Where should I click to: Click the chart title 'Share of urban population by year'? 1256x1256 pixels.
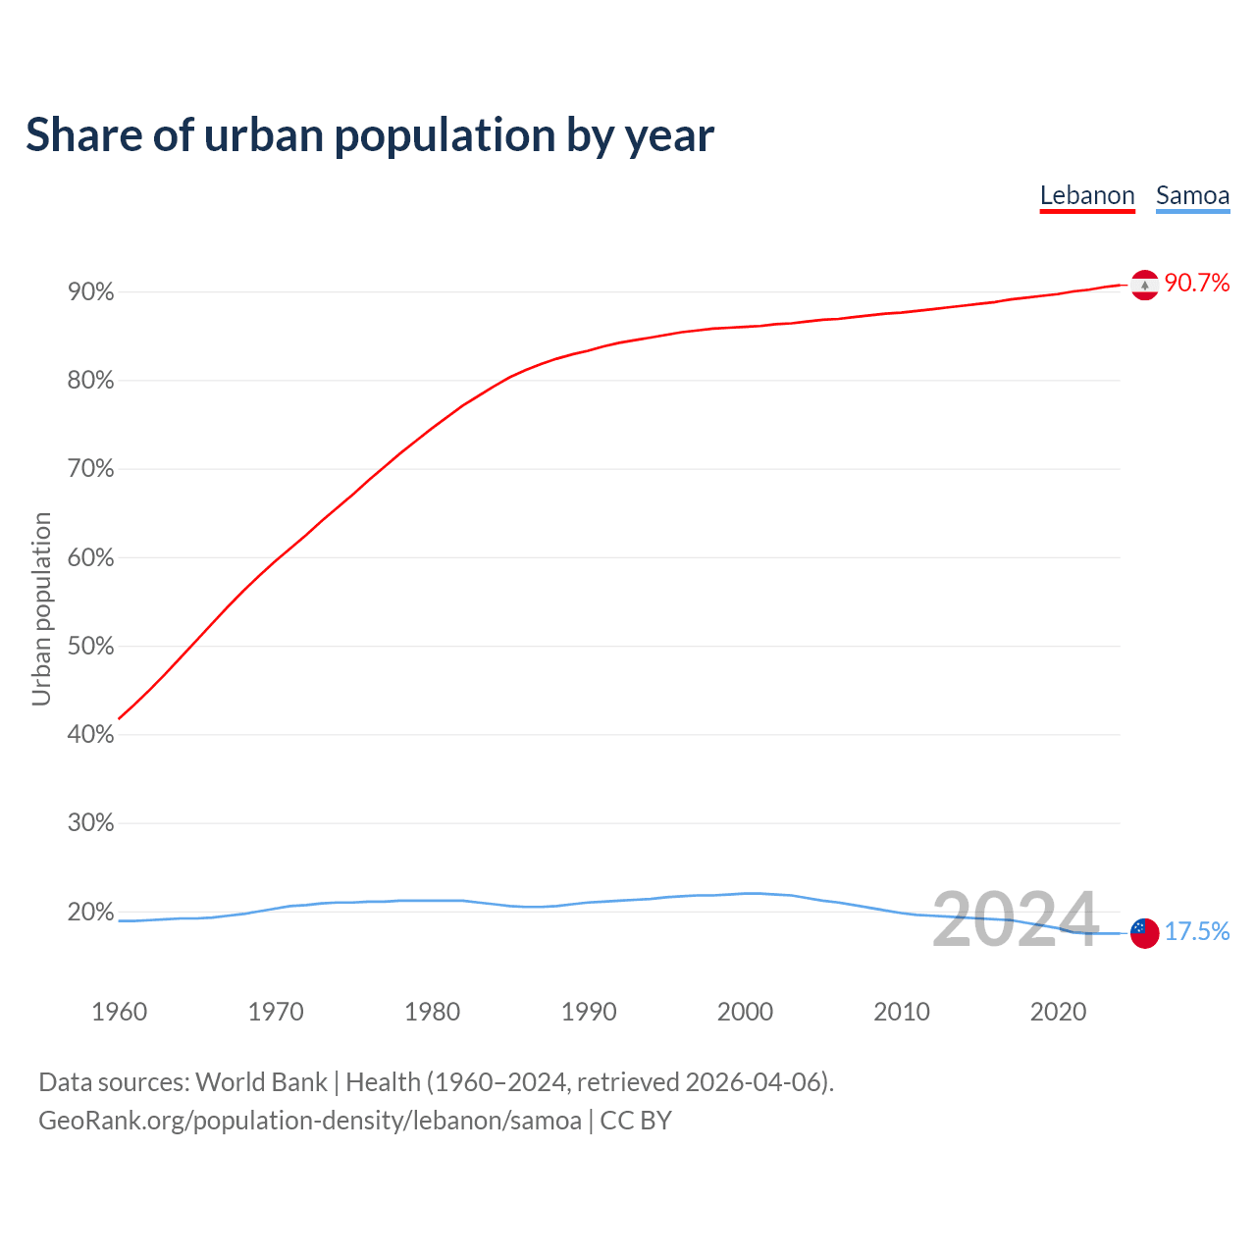coord(370,135)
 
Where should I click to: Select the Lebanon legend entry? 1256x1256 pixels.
coord(1087,195)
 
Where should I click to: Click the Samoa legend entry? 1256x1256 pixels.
coord(1192,195)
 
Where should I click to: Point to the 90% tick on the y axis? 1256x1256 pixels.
coord(90,292)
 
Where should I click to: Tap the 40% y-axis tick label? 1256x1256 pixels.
coord(90,735)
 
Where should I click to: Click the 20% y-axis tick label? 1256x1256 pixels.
coord(90,913)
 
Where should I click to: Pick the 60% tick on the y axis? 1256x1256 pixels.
coord(90,558)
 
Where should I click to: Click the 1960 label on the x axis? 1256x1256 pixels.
coord(119,1012)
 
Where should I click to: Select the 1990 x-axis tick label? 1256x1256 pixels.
coord(589,1012)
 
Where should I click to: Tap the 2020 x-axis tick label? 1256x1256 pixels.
coord(1058,1012)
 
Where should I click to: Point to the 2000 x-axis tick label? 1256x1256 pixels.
coord(745,1012)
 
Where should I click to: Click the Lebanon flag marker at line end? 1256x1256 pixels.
coord(1144,285)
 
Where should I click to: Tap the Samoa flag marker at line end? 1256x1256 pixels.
coord(1144,932)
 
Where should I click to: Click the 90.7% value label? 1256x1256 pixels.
coord(1197,284)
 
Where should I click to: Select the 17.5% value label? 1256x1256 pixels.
coord(1197,931)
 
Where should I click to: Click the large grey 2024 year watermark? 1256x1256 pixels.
coord(1015,919)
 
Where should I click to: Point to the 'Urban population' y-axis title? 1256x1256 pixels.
coord(41,608)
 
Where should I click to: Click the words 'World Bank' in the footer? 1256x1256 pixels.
coord(261,1082)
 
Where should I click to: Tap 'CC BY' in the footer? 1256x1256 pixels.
coord(636,1121)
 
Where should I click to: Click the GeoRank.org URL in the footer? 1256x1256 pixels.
coord(309,1121)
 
